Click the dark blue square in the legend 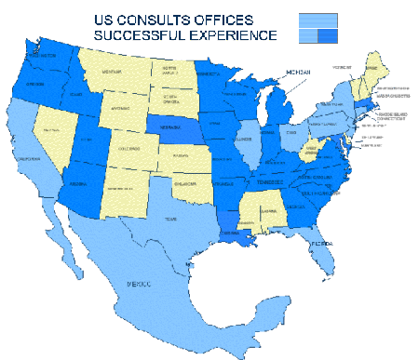(326, 35)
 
